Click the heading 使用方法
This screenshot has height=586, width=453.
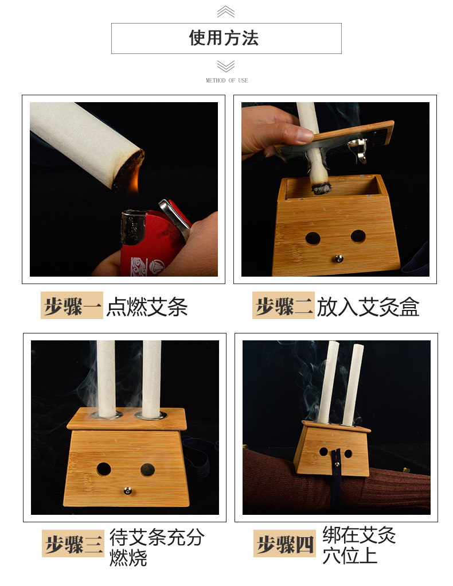(x=223, y=38)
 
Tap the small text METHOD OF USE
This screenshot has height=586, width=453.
(x=226, y=80)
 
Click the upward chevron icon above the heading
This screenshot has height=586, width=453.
(x=226, y=12)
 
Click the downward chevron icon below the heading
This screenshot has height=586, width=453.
(x=226, y=66)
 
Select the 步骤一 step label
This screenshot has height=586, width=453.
(x=72, y=305)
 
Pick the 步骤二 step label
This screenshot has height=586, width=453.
(x=283, y=305)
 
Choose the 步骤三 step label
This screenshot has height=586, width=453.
(x=73, y=544)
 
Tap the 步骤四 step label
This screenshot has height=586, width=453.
(x=284, y=544)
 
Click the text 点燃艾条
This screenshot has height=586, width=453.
(x=147, y=307)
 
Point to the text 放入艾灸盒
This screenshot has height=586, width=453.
(x=368, y=307)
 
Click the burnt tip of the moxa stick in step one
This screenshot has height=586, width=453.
(x=128, y=170)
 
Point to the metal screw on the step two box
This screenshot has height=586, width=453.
(x=339, y=258)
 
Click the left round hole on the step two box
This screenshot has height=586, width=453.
(x=313, y=238)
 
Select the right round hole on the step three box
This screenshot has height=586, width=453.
(x=148, y=469)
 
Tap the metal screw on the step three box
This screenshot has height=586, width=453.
(x=128, y=491)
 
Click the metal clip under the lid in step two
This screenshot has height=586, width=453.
(x=357, y=149)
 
